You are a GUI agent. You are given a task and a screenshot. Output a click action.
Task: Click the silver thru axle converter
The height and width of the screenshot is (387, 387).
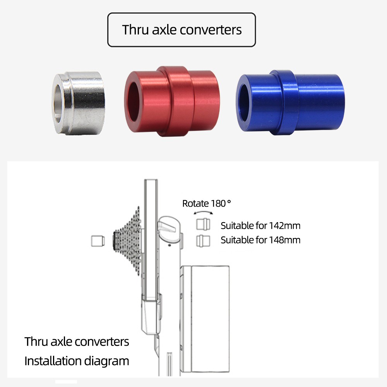[x=79, y=103]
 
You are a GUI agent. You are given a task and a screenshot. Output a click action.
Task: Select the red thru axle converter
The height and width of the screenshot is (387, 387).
[x=172, y=101]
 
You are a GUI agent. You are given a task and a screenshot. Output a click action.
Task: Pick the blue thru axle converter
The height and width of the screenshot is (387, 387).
[x=290, y=103]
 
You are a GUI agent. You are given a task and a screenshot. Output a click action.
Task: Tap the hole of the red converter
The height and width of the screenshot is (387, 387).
[x=134, y=102]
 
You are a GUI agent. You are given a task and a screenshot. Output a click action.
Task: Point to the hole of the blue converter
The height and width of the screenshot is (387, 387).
[x=244, y=103]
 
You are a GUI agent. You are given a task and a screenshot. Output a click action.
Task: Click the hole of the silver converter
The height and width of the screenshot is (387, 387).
[x=58, y=104]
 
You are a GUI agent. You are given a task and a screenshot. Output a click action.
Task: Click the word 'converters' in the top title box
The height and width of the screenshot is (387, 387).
[x=211, y=30]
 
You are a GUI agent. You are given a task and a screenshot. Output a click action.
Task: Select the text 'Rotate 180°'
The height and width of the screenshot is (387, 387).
[x=207, y=204]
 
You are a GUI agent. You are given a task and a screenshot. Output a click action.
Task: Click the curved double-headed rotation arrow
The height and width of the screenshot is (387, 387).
[x=203, y=212]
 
